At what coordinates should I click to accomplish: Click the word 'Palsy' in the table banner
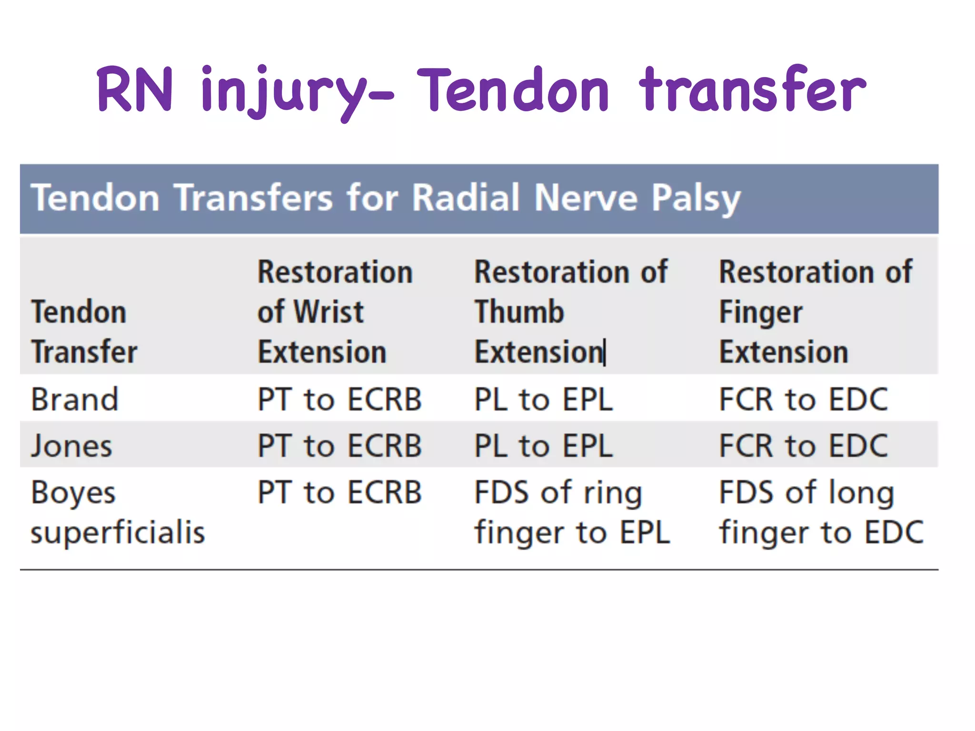tap(696, 198)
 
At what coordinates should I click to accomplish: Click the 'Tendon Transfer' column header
tap(84, 332)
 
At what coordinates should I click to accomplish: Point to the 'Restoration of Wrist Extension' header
tap(335, 312)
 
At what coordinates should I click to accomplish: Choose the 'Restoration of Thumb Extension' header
tap(570, 312)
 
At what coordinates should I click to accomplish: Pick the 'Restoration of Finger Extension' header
tap(815, 312)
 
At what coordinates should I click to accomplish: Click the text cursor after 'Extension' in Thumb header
tap(605, 353)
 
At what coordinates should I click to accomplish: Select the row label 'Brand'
tap(75, 399)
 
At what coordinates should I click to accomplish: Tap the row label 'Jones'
tap(72, 446)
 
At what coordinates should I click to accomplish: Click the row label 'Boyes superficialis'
tap(118, 512)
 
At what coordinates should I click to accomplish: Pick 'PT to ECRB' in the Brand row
tap(339, 399)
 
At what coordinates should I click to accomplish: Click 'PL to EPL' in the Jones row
tap(543, 446)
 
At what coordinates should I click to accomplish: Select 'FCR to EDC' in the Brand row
tap(803, 399)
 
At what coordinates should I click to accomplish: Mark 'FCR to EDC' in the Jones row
tap(803, 446)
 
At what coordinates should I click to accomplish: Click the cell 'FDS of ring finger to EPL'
tap(572, 512)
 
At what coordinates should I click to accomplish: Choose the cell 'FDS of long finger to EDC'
tap(821, 512)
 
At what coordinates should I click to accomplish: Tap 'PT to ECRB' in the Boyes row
tap(339, 492)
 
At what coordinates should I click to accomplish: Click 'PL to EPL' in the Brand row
tap(543, 399)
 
